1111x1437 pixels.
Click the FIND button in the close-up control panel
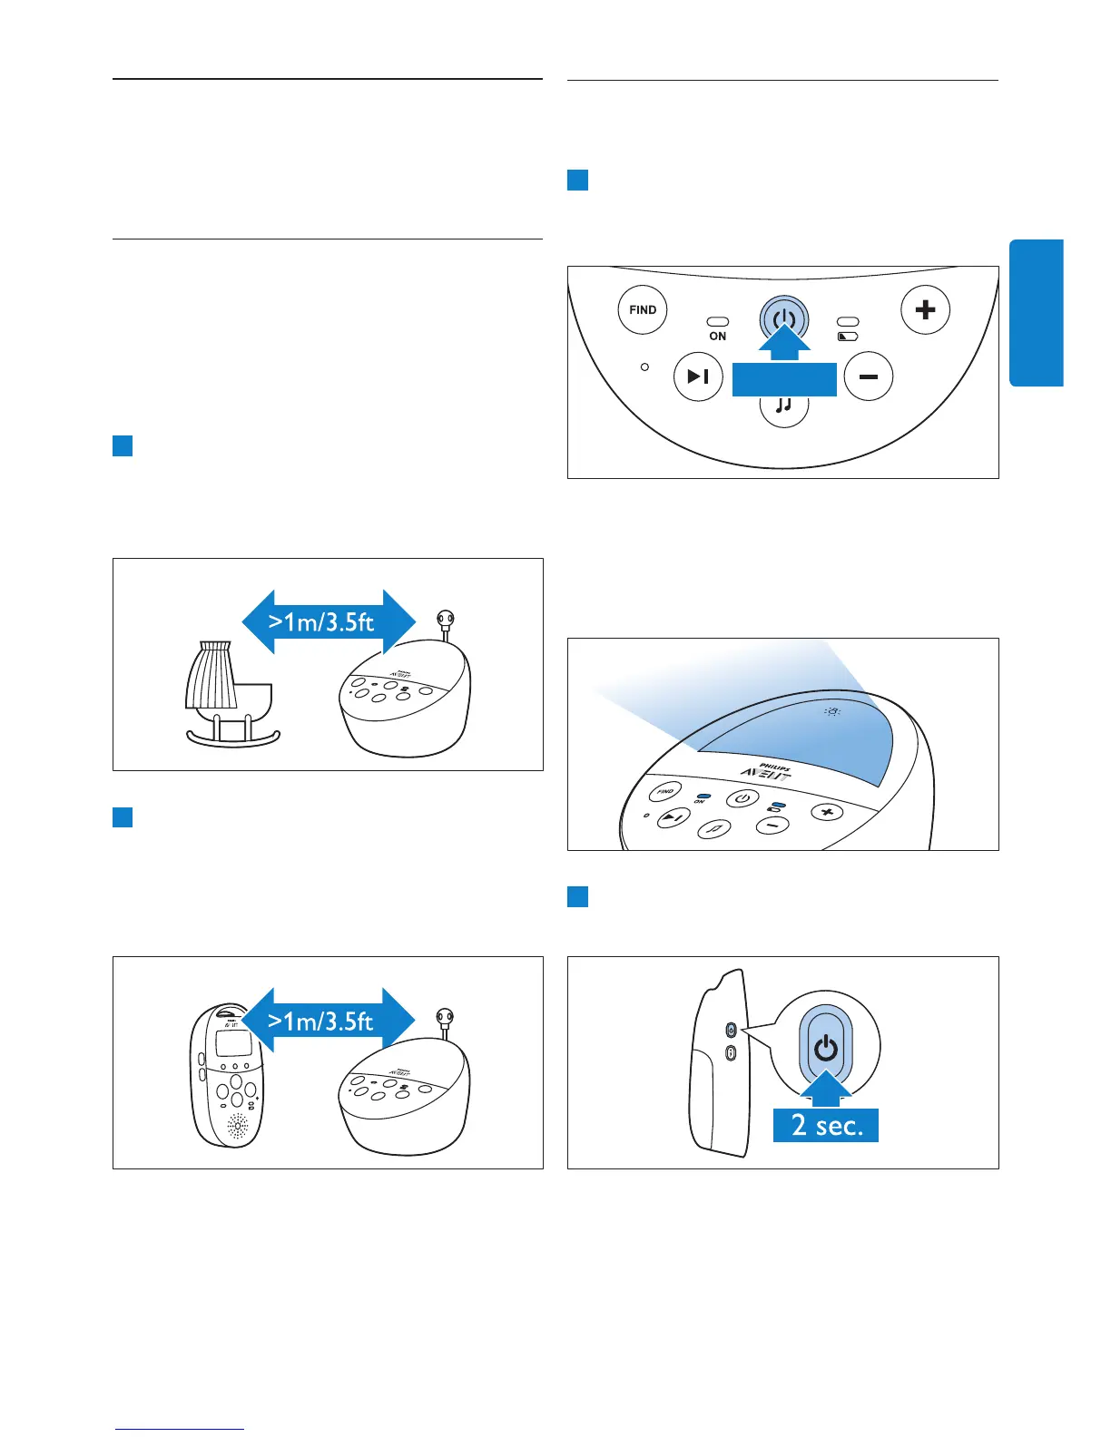click(x=643, y=310)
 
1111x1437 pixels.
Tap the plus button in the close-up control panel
click(x=925, y=310)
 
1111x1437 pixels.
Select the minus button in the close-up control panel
click(x=869, y=376)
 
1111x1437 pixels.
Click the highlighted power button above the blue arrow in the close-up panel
click(x=784, y=319)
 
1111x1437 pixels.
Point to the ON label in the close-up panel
click(x=718, y=337)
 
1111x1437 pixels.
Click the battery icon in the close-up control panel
click(x=848, y=337)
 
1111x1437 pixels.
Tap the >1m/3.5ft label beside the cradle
click(x=321, y=621)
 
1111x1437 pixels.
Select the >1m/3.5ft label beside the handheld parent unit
click(x=321, y=1021)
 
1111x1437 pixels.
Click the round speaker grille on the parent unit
click(x=237, y=1127)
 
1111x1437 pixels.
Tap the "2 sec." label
click(x=825, y=1126)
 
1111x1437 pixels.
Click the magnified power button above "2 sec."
click(x=825, y=1049)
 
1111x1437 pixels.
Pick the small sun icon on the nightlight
click(x=831, y=711)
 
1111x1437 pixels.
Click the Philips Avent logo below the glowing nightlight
click(x=767, y=771)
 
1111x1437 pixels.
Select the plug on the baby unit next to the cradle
click(x=445, y=620)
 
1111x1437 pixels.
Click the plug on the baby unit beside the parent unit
click(x=445, y=1019)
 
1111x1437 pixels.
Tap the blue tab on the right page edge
click(x=1036, y=313)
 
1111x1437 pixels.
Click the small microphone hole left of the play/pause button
click(x=644, y=367)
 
